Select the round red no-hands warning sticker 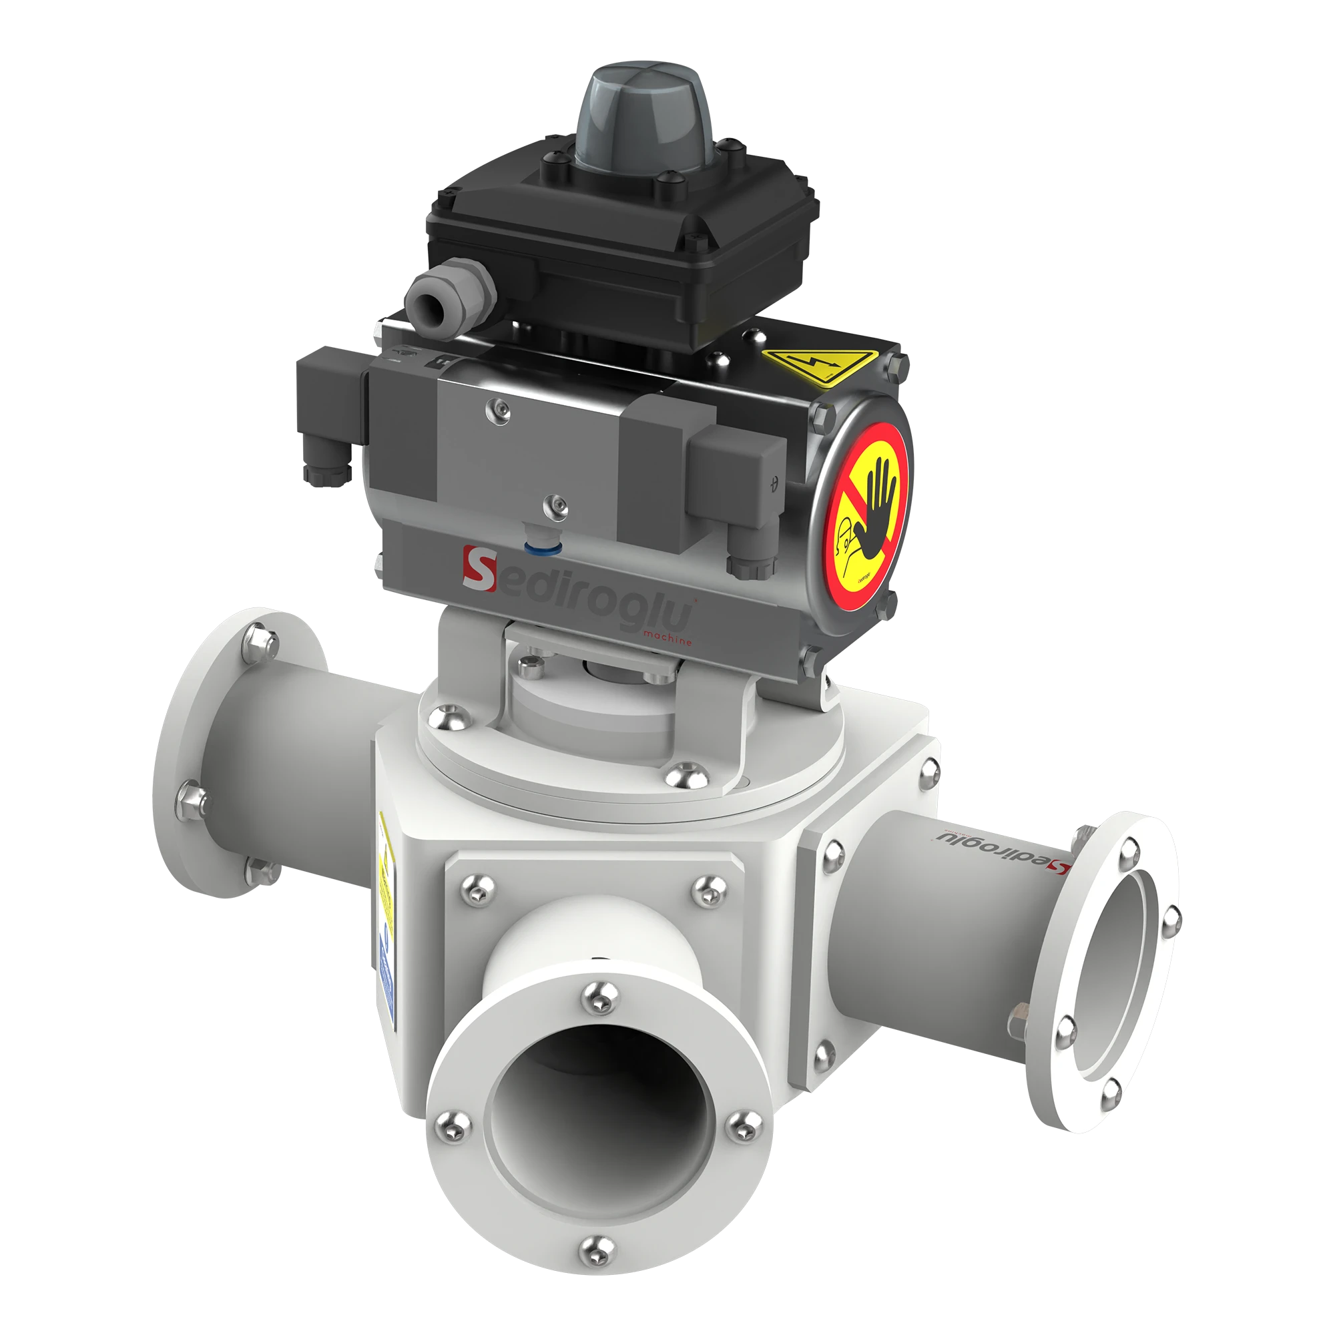point(865,516)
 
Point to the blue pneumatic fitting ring point(543,548)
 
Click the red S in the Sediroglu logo point(479,568)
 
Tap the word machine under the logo point(667,637)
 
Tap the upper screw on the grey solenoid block point(497,410)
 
